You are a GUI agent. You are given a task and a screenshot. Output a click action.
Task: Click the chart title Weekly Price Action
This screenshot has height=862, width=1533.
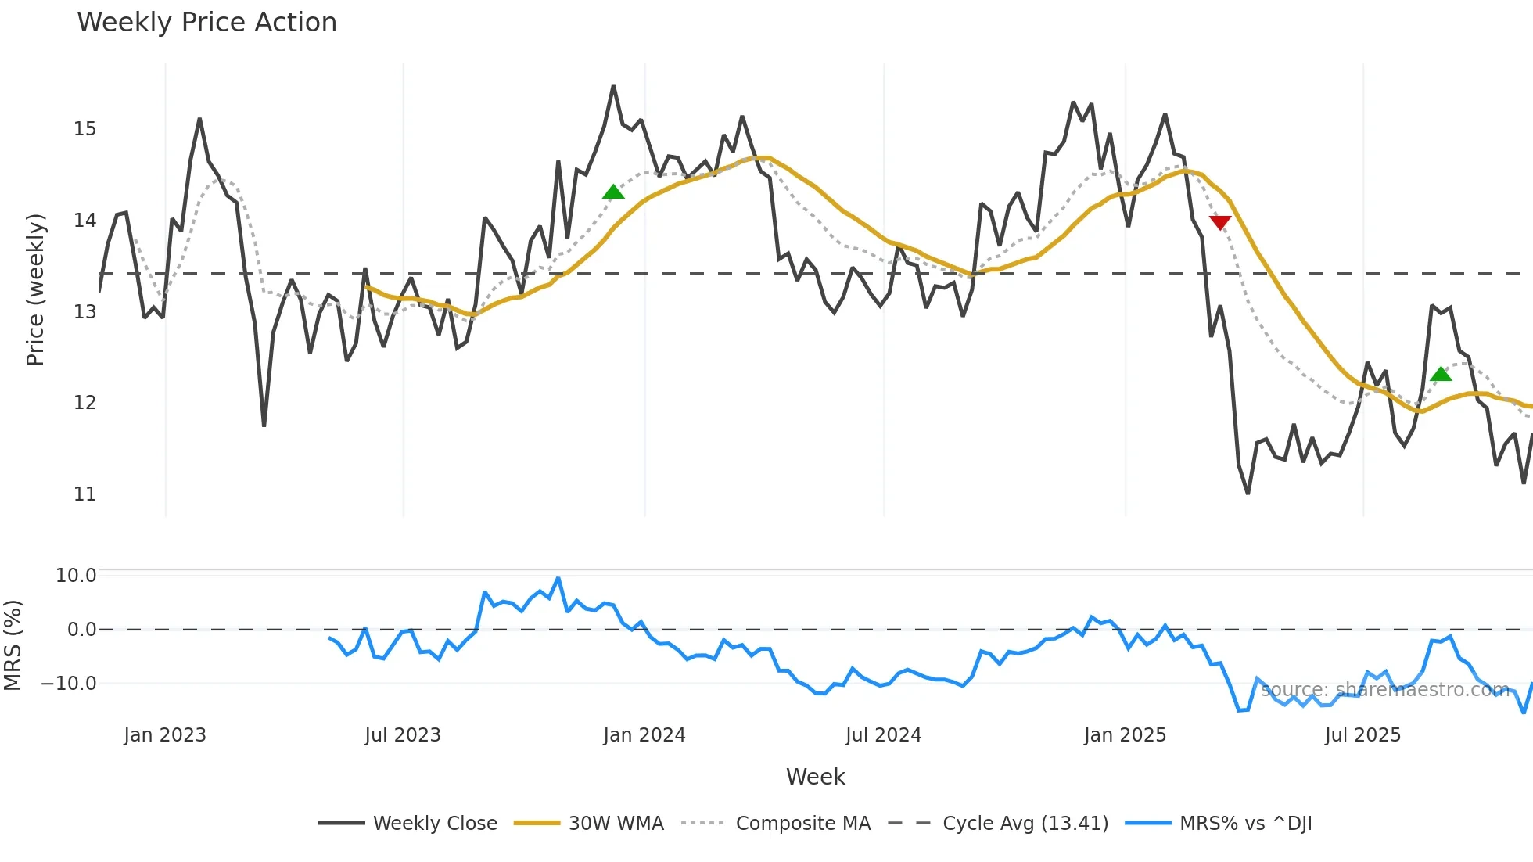pos(206,23)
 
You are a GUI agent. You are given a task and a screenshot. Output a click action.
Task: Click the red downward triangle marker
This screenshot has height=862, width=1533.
pos(1220,223)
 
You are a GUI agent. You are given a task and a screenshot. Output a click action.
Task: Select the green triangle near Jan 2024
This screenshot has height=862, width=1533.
pos(613,192)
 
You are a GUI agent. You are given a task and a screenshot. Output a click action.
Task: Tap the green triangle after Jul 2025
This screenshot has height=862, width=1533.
pos(1441,375)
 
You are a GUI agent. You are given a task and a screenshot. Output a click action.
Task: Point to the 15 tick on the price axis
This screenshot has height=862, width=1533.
pos(84,129)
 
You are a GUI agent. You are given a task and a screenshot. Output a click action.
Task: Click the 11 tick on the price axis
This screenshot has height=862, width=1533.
pos(84,494)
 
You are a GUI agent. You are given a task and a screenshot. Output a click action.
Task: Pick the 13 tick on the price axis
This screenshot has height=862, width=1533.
pos(84,312)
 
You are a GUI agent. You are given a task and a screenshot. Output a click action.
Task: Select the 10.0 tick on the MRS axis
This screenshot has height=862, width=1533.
pos(76,576)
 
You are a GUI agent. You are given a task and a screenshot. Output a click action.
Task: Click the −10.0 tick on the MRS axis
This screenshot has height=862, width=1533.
pos(69,684)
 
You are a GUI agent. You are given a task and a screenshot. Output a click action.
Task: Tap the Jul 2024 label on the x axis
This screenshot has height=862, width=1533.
pos(883,735)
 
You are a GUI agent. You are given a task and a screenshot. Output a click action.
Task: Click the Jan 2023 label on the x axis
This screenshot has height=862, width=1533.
pos(165,735)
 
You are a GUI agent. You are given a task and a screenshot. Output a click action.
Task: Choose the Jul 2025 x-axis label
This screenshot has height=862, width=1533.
pos(1362,735)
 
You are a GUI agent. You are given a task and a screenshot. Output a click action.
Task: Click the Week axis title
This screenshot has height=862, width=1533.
pos(815,777)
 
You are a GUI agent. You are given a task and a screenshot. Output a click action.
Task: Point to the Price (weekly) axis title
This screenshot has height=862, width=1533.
pos(35,289)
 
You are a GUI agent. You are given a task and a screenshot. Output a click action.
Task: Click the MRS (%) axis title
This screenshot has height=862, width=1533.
pos(13,645)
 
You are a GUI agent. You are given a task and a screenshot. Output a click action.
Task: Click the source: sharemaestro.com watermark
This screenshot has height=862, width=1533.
pos(1384,690)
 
